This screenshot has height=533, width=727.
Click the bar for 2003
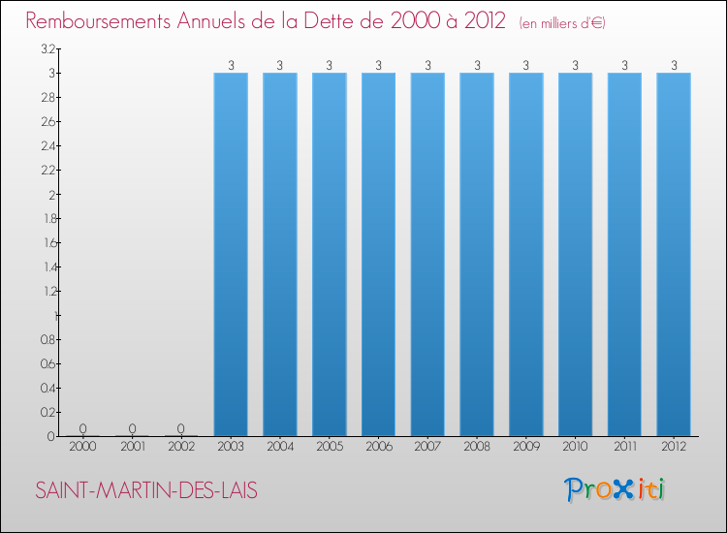231,254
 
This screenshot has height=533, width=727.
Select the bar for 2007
427,254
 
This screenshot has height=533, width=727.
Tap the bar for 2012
674,254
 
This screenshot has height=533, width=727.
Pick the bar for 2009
526,254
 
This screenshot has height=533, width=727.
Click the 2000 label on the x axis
83,448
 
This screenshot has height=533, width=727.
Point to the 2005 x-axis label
330,448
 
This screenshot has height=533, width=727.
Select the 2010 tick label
576,448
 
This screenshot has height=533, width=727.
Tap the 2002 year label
181,448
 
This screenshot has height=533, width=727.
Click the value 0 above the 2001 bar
132,428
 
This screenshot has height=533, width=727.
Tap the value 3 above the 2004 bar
280,66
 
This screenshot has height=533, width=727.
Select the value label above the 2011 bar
625,66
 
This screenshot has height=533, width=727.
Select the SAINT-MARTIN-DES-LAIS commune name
146,490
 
